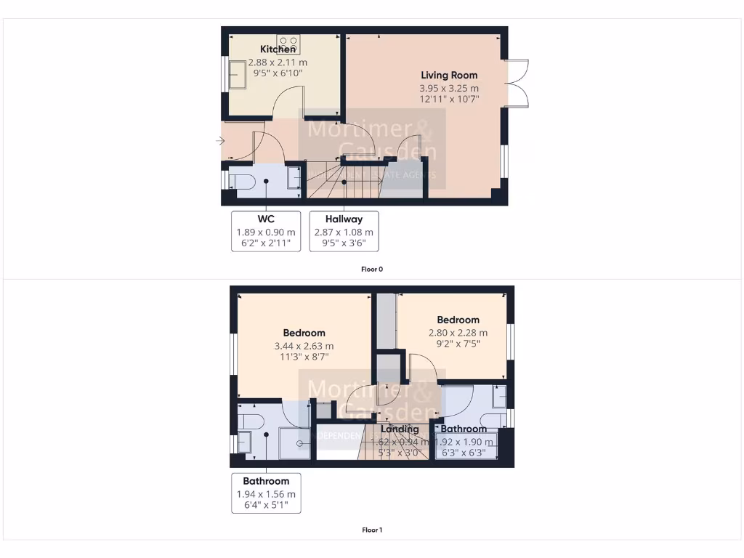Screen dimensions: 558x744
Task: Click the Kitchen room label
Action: point(278,49)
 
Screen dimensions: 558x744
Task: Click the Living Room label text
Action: point(449,75)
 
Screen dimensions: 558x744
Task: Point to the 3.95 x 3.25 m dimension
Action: point(449,89)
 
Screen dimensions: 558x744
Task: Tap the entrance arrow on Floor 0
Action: point(221,141)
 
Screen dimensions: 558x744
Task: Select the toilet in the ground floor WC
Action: point(240,180)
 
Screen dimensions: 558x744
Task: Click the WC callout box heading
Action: point(265,219)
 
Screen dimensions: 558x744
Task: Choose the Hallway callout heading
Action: point(344,219)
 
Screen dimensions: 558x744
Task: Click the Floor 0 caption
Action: point(372,269)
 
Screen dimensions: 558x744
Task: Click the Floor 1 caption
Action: point(372,530)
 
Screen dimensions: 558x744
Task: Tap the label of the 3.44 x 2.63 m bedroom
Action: point(304,333)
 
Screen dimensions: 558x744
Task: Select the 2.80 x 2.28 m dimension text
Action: point(458,333)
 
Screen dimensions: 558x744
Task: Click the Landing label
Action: point(400,429)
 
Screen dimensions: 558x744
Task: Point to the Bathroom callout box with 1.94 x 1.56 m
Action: point(266,493)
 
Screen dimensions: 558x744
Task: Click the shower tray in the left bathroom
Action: point(294,442)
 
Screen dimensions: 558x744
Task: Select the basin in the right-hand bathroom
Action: point(499,397)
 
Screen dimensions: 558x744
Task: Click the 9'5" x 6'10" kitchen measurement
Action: point(278,73)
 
